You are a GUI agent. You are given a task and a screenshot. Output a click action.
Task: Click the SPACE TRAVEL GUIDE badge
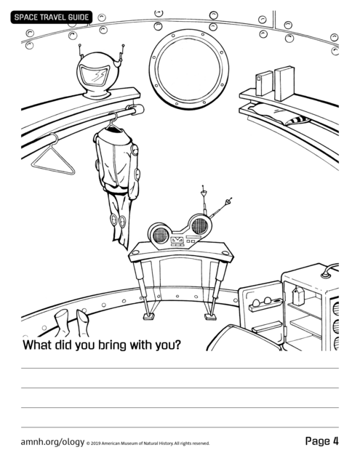coord(52,17)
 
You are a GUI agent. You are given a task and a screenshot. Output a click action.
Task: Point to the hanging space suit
coord(116,178)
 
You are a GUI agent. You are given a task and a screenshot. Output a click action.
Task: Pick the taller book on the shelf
coord(284,83)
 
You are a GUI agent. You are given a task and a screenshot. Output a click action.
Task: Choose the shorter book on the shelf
coord(264,83)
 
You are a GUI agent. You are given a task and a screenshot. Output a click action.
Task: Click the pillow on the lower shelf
coord(279,114)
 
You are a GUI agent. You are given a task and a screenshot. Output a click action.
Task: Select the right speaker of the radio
coord(199,225)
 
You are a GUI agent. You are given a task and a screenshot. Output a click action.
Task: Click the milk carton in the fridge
coord(298,296)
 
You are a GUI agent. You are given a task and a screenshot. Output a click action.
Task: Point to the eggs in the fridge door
coord(262,302)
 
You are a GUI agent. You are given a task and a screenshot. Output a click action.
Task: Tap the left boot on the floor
coord(62,322)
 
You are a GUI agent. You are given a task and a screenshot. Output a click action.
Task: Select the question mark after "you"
coord(177,344)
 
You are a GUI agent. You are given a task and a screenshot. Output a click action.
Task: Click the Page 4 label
coord(322,441)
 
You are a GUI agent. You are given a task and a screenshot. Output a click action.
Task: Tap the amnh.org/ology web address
coord(52,442)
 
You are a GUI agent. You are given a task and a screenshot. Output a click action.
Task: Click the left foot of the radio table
coord(148,316)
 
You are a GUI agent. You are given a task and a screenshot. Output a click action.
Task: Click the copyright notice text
coord(148,443)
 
